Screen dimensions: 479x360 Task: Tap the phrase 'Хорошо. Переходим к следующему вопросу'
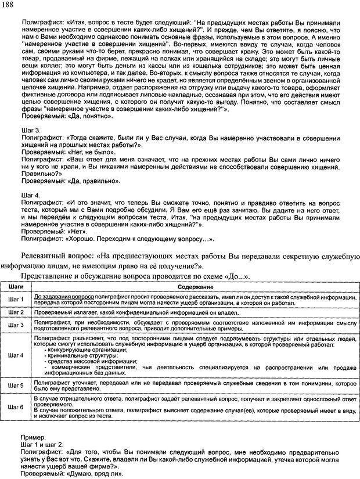tap(142, 239)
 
